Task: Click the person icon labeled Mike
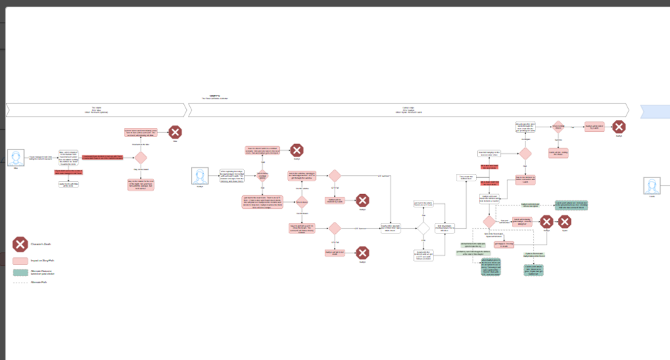click(x=15, y=159)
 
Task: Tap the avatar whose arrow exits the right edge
click(x=651, y=185)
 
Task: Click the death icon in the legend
click(x=21, y=245)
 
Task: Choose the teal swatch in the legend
click(x=21, y=271)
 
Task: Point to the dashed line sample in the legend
click(x=21, y=283)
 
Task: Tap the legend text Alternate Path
click(x=39, y=283)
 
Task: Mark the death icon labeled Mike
click(x=175, y=132)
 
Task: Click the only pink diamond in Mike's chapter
click(x=141, y=158)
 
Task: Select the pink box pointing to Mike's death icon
click(x=141, y=132)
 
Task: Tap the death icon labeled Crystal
click(x=565, y=221)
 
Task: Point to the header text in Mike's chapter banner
click(x=97, y=109)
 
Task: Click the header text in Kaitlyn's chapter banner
click(x=408, y=109)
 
